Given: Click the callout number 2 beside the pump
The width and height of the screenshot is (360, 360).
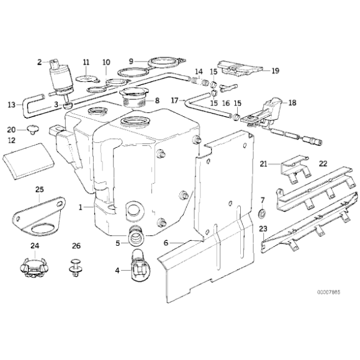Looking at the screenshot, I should pos(39,61).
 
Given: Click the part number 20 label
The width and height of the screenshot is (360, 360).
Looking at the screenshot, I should pos(12,130).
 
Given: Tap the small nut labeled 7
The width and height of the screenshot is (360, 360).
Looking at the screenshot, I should pos(263,215).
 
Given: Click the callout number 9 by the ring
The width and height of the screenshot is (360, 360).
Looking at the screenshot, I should pos(132,61).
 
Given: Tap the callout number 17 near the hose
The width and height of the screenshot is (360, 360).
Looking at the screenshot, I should pos(174,100).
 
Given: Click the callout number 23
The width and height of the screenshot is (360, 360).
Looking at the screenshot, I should pos(263,229).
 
